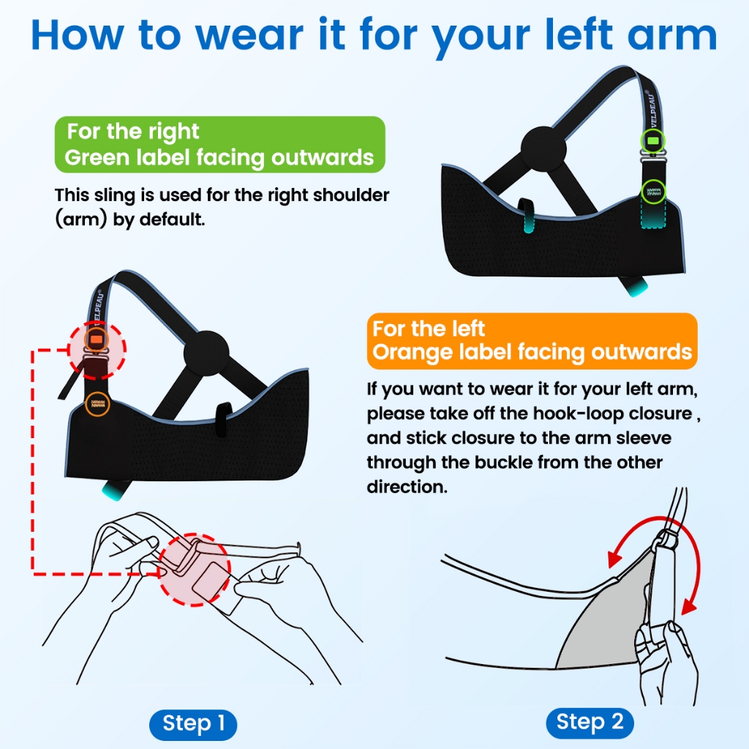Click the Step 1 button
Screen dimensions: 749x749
pos(193,724)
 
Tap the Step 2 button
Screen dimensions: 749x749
pos(590,722)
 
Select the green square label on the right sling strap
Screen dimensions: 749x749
pos(653,141)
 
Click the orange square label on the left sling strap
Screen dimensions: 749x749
pos(97,339)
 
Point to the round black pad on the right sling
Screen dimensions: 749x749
pos(543,148)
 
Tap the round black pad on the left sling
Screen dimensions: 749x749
pos(206,353)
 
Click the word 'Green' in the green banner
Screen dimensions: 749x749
pos(97,158)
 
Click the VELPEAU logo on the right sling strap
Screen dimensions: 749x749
pos(652,109)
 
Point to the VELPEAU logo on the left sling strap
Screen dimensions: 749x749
pos(97,306)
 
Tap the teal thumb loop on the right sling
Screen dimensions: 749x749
pos(527,216)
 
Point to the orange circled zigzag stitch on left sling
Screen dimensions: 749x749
pos(97,404)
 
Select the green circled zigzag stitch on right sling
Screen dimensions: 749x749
pos(653,192)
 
